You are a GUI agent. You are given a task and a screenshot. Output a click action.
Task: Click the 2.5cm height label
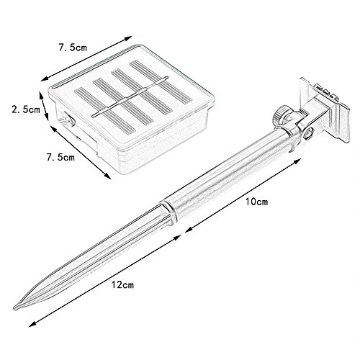[x=26, y=109]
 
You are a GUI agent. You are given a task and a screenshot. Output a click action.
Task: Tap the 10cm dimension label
[x=256, y=202]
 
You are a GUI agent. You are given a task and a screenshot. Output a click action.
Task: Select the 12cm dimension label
[x=122, y=284]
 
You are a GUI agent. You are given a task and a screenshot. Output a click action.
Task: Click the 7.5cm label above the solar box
[x=73, y=48]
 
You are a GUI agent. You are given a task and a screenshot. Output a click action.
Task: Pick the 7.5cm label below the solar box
[x=60, y=157]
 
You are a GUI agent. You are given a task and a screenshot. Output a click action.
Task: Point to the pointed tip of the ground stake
[x=14, y=308]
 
